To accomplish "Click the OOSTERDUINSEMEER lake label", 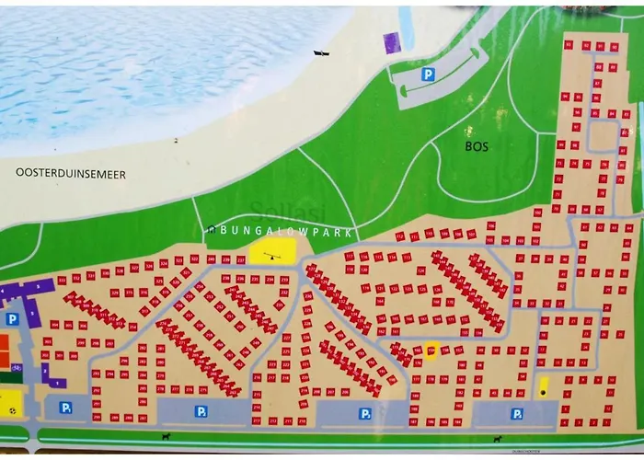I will tap(71, 172).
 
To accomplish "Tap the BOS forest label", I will tap(477, 145).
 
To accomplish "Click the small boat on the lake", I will tap(321, 53).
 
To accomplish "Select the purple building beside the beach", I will tap(392, 41).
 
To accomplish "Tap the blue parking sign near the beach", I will tap(427, 75).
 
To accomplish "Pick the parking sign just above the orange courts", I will tap(12, 318).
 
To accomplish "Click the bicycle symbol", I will tap(17, 367).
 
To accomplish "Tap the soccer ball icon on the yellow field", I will tap(11, 403).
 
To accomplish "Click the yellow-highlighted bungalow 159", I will tap(431, 351).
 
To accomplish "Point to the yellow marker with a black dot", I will tap(543, 387).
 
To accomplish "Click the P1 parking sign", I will tap(66, 408).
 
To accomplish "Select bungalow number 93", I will tap(568, 44).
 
